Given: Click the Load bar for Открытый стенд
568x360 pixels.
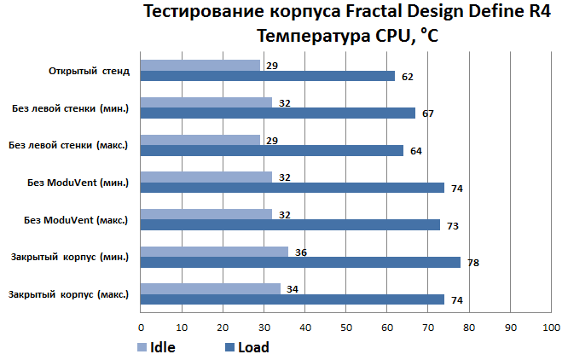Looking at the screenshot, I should coord(267,76).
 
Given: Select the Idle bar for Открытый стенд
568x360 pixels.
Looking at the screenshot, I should coord(200,65).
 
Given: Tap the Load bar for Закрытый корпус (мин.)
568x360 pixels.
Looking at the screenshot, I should coord(300,262).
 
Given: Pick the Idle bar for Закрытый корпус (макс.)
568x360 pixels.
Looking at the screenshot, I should coord(210,288).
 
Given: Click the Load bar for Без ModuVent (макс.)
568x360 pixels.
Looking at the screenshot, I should coord(290,224).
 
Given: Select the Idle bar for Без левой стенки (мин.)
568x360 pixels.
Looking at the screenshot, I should coord(206,102).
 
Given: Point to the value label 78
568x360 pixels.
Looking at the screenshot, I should coord(472,263).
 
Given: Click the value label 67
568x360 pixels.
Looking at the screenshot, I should coord(428,113).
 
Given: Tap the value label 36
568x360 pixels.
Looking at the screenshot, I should coord(300,252).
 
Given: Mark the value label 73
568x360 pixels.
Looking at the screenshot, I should coord(452,225).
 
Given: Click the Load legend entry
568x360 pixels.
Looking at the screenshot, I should coord(246,347).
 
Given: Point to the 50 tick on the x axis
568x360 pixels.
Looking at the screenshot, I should coord(345,328).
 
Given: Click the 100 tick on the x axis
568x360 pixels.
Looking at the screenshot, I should coord(551,328).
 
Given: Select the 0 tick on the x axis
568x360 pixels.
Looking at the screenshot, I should coord(141,328).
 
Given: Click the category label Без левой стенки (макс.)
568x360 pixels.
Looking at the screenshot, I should coord(68,145).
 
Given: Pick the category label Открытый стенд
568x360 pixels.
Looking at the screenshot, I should coord(90,70).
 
